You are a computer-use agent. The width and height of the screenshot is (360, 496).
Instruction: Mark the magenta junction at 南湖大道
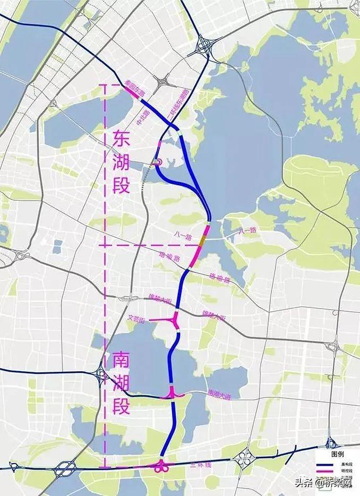[173, 394]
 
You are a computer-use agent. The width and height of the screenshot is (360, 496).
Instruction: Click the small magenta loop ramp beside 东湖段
[158, 162]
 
